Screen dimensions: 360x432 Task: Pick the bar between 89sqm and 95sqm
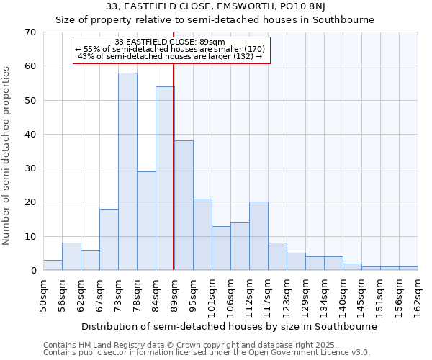[x=184, y=205]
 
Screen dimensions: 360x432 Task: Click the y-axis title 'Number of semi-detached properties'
[x=8, y=156]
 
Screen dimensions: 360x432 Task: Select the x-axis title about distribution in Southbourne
[x=230, y=326]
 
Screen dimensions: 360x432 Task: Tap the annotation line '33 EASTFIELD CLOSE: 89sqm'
[x=170, y=42]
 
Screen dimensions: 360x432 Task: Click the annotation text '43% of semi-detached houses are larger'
[x=170, y=56]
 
